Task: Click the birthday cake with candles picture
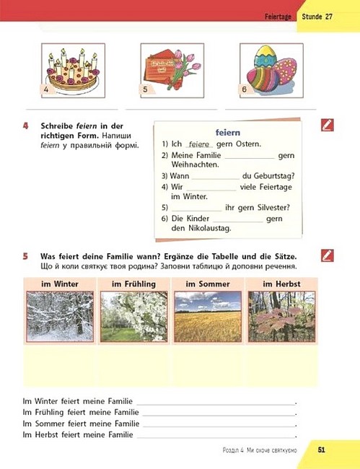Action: click(73, 71)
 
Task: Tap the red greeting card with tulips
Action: click(172, 71)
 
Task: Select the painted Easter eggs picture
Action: click(271, 71)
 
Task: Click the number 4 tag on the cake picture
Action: click(46, 89)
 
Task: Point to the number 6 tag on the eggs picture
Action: click(245, 89)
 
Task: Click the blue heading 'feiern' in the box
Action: click(228, 133)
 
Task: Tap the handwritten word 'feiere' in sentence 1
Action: click(199, 144)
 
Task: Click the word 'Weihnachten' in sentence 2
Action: click(195, 165)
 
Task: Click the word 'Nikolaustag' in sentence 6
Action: click(210, 229)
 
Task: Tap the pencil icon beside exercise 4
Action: click(328, 125)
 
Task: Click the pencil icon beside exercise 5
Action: click(328, 255)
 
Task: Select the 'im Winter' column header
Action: click(60, 284)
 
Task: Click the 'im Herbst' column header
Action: click(281, 284)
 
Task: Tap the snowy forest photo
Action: click(60, 317)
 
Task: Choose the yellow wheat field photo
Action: click(208, 317)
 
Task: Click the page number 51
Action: click(322, 450)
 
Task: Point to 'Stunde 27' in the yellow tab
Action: click(317, 17)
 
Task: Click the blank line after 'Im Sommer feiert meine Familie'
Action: click(219, 427)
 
